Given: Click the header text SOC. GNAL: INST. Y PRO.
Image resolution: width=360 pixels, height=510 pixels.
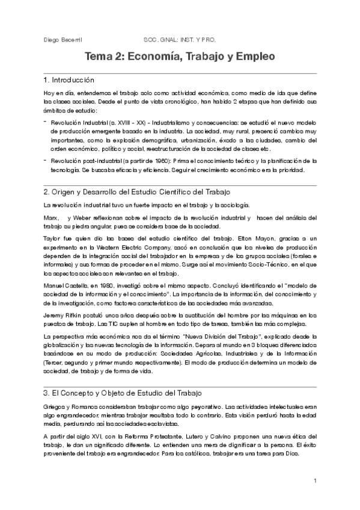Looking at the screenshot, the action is click(180, 40).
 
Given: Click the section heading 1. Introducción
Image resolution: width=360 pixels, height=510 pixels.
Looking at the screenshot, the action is click(69, 80).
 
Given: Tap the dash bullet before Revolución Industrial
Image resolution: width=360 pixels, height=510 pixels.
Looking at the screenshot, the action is click(46, 121).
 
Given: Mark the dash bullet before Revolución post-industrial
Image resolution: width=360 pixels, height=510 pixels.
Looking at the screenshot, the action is click(46, 159).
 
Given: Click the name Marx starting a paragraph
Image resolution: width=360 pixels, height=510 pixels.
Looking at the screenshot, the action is click(50, 217).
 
